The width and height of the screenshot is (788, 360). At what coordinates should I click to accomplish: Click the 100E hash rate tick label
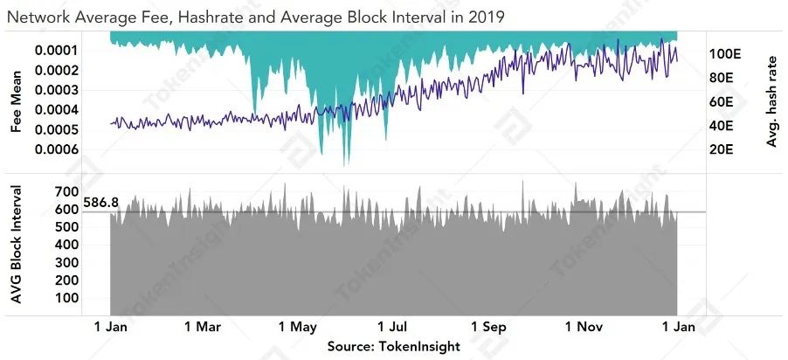pos(726,53)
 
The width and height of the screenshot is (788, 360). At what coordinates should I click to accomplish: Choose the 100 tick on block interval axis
pos(65,298)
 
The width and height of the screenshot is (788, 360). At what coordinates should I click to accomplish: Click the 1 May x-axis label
pos(298,328)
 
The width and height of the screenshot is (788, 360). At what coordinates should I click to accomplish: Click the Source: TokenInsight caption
pos(393,347)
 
